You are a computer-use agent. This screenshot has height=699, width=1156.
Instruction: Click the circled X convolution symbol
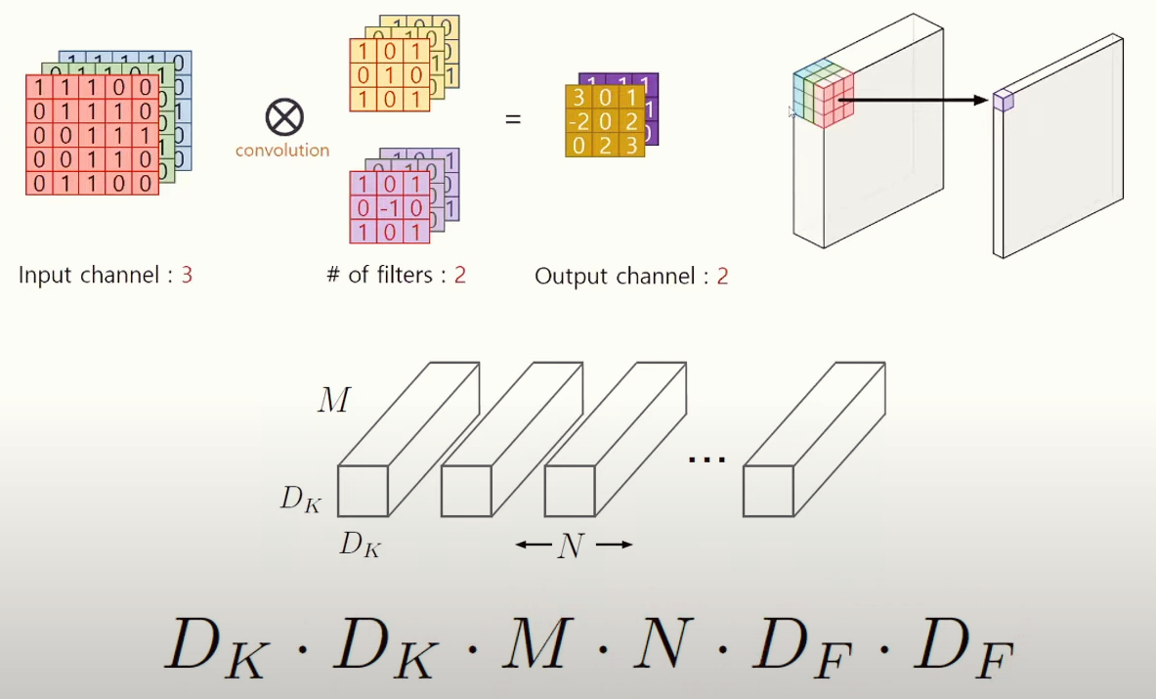[x=284, y=118]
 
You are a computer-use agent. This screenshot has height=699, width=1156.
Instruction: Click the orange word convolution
[x=282, y=151]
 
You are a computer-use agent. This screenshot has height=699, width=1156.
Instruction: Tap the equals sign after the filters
[x=512, y=120]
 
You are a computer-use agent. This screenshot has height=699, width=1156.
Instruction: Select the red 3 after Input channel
[x=186, y=275]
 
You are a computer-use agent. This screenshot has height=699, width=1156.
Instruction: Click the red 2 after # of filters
[x=459, y=275]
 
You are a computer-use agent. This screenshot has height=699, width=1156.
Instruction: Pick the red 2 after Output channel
[x=722, y=276]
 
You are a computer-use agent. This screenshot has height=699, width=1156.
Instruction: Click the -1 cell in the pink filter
[x=391, y=208]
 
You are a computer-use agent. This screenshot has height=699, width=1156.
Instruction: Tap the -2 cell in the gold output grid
[x=578, y=121]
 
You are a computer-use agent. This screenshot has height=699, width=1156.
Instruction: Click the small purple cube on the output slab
[x=1003, y=100]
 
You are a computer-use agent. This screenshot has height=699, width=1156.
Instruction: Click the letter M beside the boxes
[x=333, y=399]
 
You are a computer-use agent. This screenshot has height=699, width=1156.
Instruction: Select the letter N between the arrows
[x=570, y=546]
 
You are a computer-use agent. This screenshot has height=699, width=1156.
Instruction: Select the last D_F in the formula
[x=966, y=647]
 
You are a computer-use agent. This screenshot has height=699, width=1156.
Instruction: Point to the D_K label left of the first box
[x=301, y=499]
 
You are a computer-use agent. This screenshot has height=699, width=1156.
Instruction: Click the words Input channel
[x=88, y=275]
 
